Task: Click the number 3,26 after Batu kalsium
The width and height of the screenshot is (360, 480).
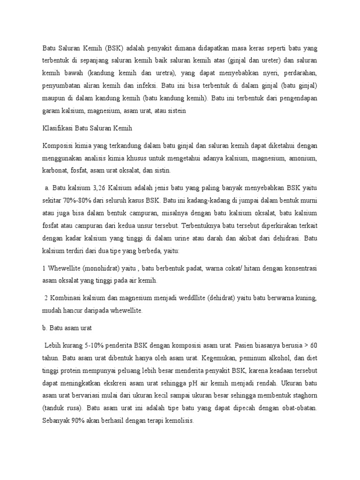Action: tap(97, 188)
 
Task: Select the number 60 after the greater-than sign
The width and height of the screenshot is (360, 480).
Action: tap(314, 346)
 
